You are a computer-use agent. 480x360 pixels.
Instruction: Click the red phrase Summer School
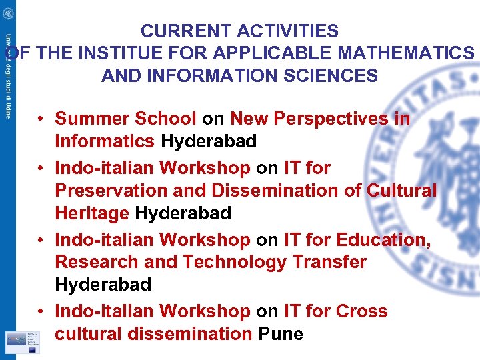tap(125, 119)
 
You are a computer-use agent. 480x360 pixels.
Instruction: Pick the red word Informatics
tap(105, 141)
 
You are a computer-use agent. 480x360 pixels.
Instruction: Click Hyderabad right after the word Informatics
tap(209, 141)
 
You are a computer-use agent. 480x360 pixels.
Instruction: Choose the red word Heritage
tap(92, 213)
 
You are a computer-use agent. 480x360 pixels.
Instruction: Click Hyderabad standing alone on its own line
tap(103, 285)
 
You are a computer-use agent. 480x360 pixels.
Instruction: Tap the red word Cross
tap(362, 311)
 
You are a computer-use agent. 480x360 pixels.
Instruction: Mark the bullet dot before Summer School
tap(41, 119)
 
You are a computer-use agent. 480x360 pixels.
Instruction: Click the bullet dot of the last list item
tap(41, 311)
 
